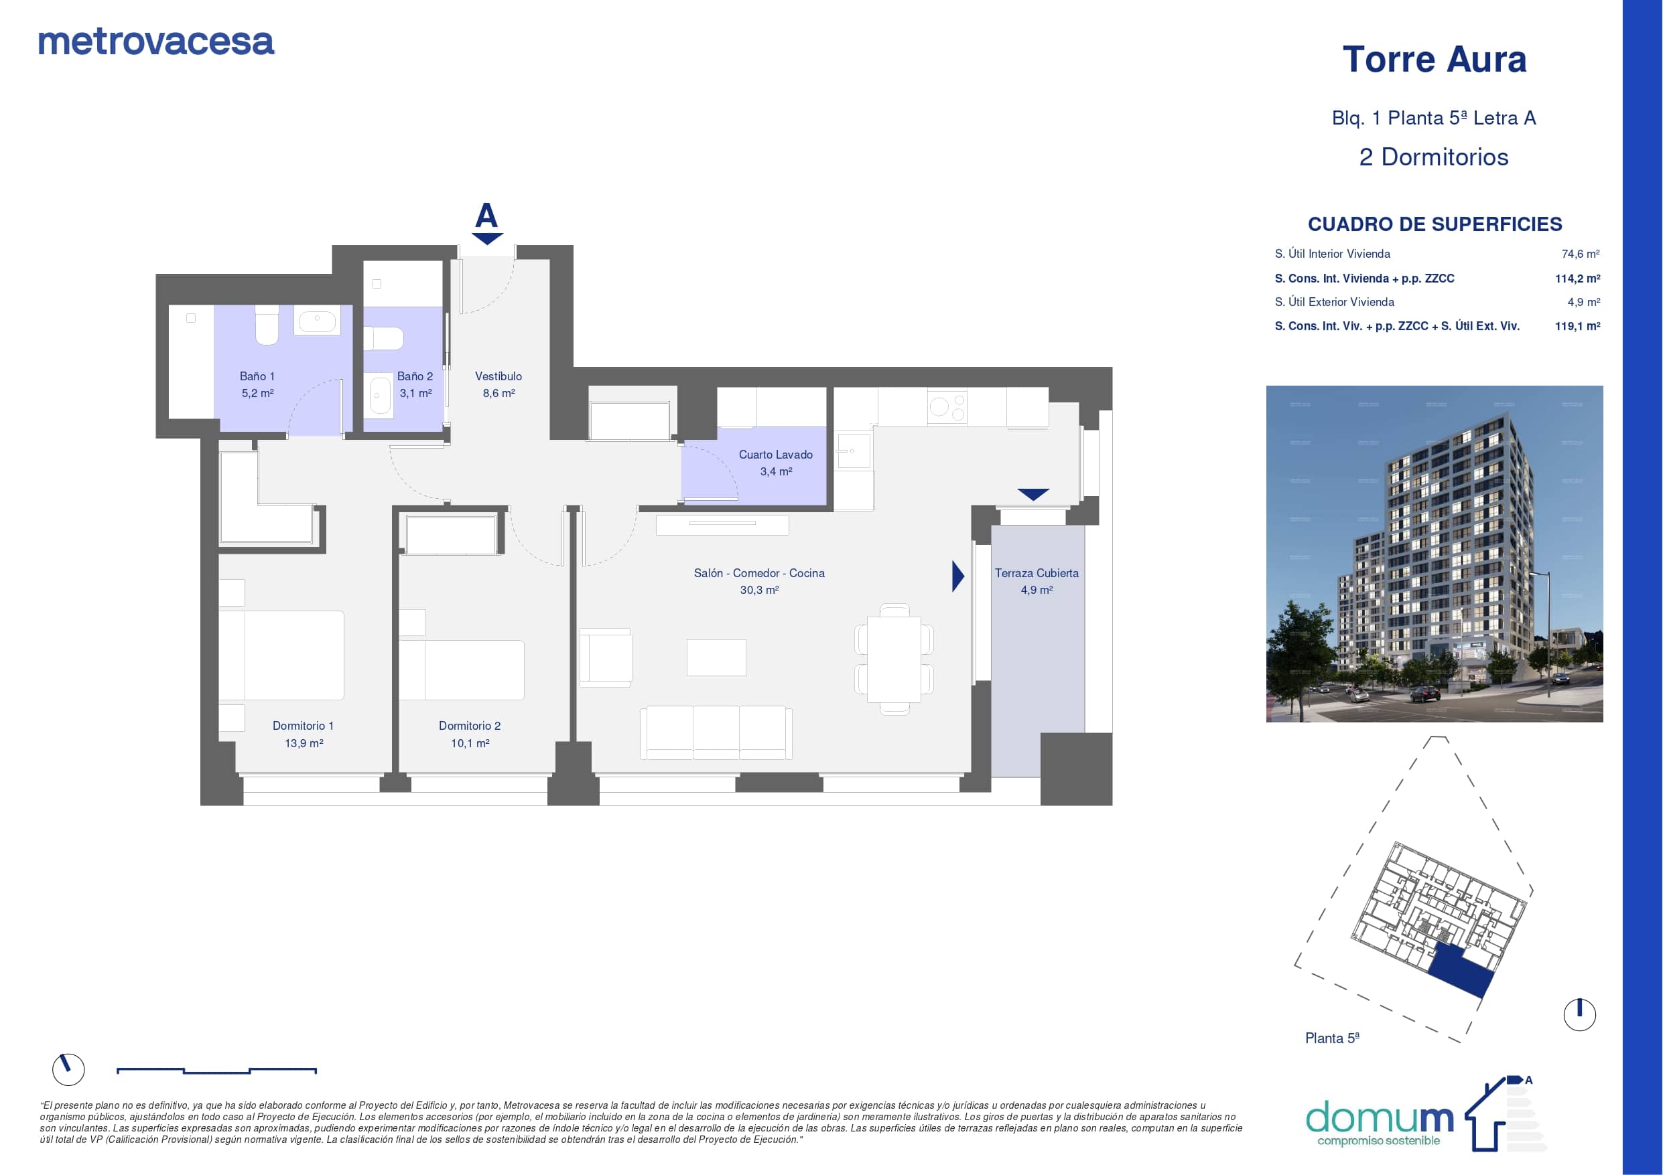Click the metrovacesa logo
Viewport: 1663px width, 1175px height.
coord(155,42)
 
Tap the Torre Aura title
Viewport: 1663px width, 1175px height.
coord(1434,60)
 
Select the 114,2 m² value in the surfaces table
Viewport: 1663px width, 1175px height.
coord(1577,279)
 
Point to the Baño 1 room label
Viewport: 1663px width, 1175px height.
coord(257,376)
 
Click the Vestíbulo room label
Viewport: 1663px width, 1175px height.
coord(498,376)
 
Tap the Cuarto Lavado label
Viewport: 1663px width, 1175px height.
coord(776,455)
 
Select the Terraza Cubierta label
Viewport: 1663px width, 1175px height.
coord(1037,573)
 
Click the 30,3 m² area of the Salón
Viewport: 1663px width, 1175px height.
coord(759,590)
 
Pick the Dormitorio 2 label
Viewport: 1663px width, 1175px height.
coord(469,725)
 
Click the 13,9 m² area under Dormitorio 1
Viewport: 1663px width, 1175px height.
coord(304,742)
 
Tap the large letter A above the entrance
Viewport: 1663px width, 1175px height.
coord(486,216)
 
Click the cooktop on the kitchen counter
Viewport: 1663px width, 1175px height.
coord(947,408)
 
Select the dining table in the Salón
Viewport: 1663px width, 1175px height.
coord(894,659)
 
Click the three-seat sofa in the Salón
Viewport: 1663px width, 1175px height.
coord(716,732)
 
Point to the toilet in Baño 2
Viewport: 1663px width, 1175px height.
coord(383,338)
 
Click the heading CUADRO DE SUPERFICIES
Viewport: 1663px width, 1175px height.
coord(1435,224)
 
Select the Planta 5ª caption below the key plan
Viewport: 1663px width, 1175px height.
coord(1332,1038)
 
